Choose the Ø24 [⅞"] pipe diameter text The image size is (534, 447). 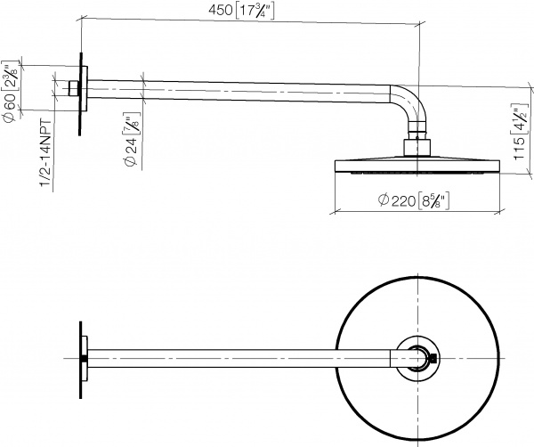point(130,142)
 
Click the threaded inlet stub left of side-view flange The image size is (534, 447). point(73,88)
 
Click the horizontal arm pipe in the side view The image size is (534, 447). point(240,87)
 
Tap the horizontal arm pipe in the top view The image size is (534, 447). point(240,358)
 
